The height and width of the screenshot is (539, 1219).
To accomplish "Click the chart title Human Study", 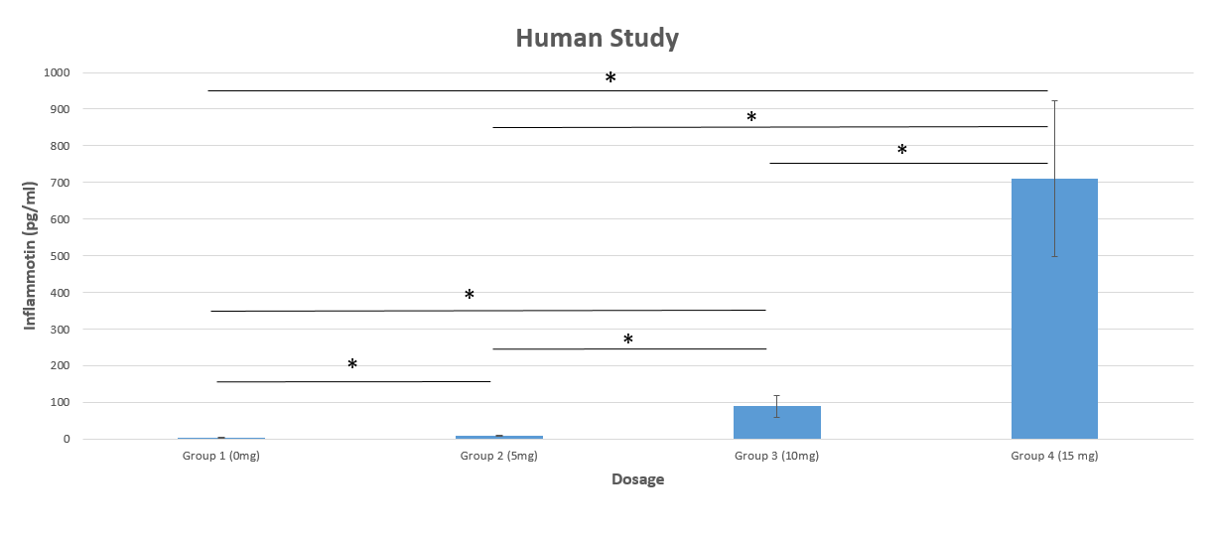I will tap(597, 39).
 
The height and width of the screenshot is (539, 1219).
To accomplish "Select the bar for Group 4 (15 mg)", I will tap(1054, 309).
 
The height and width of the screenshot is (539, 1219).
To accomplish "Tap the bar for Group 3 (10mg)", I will tap(776, 422).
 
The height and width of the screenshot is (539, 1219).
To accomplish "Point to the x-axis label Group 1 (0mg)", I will tap(220, 457).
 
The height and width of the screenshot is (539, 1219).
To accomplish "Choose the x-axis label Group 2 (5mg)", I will tap(498, 457).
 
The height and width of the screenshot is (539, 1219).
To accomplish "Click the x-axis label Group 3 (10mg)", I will tap(776, 457).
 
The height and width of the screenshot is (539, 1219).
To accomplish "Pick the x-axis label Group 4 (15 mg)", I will tap(1054, 457).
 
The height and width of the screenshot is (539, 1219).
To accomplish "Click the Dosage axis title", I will tap(637, 479).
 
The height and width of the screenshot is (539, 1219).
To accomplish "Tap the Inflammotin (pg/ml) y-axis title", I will tap(31, 256).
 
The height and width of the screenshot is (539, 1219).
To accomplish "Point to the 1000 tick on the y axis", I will tap(56, 72).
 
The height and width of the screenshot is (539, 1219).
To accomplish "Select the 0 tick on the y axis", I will tap(66, 439).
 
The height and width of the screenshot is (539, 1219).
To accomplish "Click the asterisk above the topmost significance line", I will tap(610, 78).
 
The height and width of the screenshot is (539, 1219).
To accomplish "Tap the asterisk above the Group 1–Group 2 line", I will tap(352, 365).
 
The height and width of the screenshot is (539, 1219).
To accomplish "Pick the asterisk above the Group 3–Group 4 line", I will tap(902, 151).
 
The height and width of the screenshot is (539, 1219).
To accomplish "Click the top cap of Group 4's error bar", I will tap(1054, 100).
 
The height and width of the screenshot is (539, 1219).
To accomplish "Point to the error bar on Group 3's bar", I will tap(776, 405).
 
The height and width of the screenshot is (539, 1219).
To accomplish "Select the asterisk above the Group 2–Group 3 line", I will tap(628, 340).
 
